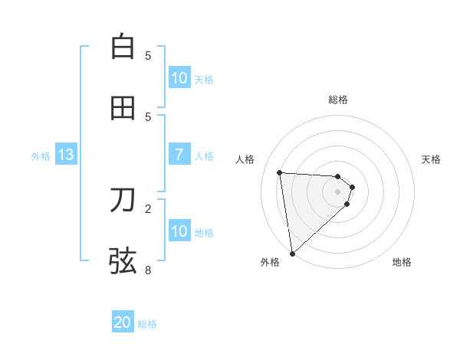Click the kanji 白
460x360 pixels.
123,47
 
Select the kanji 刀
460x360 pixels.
123,200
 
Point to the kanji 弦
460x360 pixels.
123,260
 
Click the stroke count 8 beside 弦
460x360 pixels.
148,270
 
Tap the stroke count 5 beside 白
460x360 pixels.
148,56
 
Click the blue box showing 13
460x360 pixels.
66,155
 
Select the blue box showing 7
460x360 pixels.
179,155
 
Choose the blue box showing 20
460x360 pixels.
123,322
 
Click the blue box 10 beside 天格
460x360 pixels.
179,78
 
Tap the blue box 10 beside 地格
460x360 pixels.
179,231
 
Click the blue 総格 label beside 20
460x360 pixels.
147,324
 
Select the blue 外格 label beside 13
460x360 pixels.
41,156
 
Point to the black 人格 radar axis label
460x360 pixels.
245,159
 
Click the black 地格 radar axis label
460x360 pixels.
402,262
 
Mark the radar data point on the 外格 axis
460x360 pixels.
292,253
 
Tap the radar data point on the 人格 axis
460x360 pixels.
280,172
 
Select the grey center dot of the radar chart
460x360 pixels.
337,191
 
